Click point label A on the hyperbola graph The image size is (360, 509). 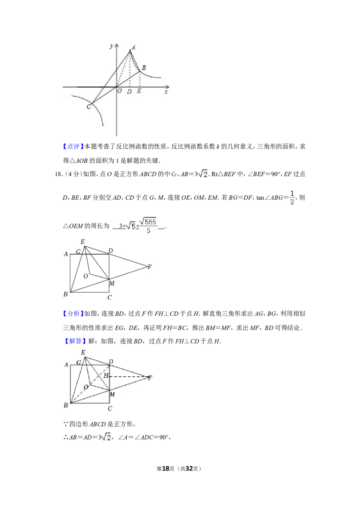(x=133, y=47)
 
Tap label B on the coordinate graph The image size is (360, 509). (x=144, y=67)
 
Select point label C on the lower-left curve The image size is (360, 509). (x=89, y=107)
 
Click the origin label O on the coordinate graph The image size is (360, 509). (x=119, y=91)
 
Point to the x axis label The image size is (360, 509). (x=166, y=92)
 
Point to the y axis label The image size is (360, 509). (x=112, y=46)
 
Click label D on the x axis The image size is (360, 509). (x=129, y=92)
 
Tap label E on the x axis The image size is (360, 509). (x=139, y=91)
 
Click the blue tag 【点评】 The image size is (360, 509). (x=73, y=147)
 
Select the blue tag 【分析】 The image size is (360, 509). (x=73, y=313)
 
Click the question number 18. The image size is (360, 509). (x=58, y=174)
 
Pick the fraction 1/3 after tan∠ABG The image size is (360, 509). (x=292, y=198)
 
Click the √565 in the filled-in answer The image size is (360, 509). (x=148, y=221)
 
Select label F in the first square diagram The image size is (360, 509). (x=149, y=267)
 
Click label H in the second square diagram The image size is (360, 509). (x=106, y=375)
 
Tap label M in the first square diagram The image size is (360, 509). (x=112, y=283)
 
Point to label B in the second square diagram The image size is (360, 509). (x=66, y=405)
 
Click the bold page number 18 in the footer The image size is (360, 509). (x=166, y=469)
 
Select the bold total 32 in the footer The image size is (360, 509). (x=189, y=469)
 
